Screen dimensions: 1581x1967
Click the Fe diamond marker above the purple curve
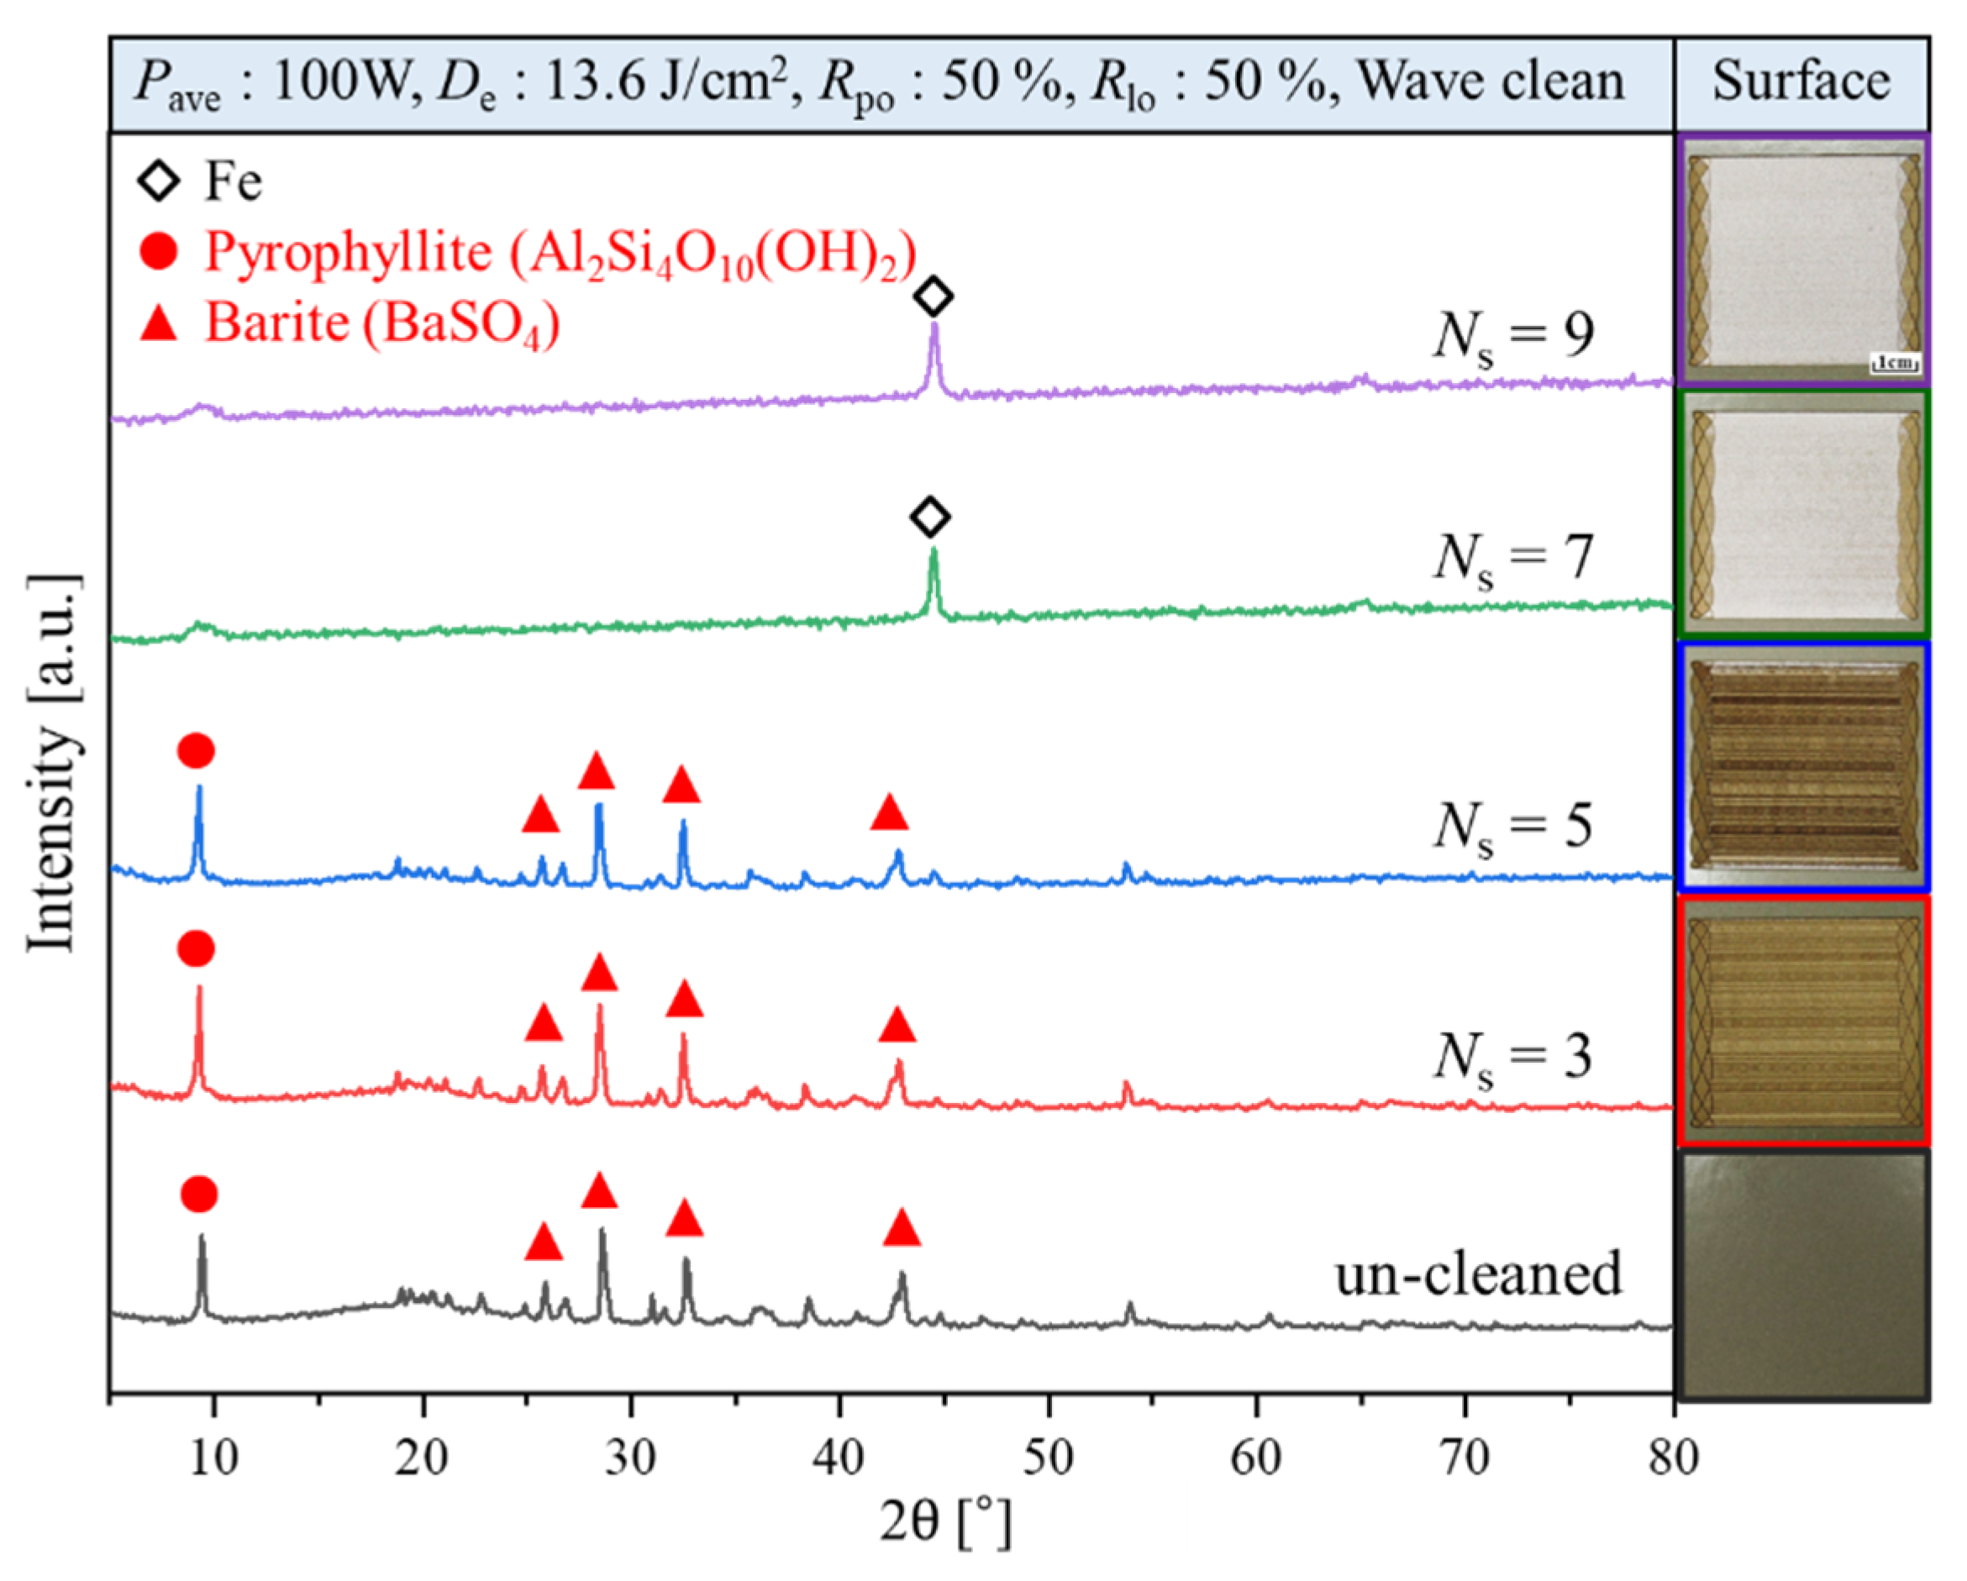(934, 297)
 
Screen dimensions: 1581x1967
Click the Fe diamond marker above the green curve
(929, 517)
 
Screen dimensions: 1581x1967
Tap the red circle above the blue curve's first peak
(196, 751)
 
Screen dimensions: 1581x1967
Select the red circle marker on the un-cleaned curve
(199, 1193)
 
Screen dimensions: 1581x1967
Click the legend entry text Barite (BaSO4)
(381, 323)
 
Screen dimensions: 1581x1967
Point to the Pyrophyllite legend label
(560, 252)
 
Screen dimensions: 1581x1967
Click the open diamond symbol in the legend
(159, 181)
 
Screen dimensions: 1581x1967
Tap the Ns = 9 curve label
(1513, 336)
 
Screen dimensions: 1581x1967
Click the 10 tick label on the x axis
(213, 1458)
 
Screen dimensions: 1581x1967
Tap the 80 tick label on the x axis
(1672, 1458)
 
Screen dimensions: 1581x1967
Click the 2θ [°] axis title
(946, 1521)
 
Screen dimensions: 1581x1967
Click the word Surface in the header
(1801, 81)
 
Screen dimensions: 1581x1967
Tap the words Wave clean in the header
(1491, 81)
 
